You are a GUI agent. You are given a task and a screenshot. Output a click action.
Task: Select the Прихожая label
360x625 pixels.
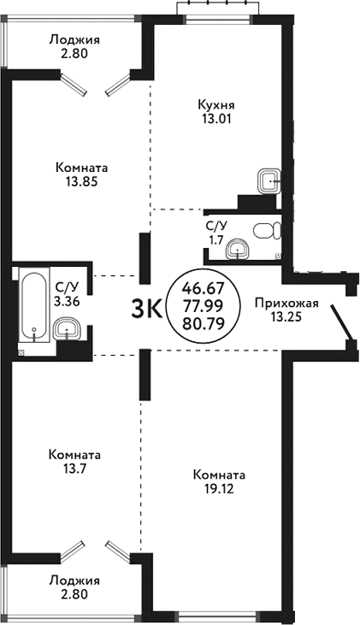[x=287, y=303]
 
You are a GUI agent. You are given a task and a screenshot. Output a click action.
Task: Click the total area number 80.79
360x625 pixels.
[x=205, y=324]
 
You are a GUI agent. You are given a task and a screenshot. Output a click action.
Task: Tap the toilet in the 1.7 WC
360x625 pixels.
[x=269, y=230]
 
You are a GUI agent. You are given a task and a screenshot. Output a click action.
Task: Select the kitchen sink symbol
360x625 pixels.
[x=269, y=180]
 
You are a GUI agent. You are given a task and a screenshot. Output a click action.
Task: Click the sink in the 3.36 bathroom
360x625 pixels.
[x=66, y=327]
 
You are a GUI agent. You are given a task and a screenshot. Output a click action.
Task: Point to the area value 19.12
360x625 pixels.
[x=220, y=489]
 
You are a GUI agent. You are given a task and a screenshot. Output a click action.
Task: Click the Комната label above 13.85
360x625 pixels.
[x=81, y=167]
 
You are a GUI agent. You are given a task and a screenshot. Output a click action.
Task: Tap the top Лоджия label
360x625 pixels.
[x=74, y=39]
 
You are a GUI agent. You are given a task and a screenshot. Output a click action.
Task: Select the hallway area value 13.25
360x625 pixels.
[x=287, y=317]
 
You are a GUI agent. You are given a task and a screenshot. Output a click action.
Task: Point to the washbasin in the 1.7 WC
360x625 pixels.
[x=239, y=249]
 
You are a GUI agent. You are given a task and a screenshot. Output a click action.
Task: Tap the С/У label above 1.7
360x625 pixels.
[x=216, y=226]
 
